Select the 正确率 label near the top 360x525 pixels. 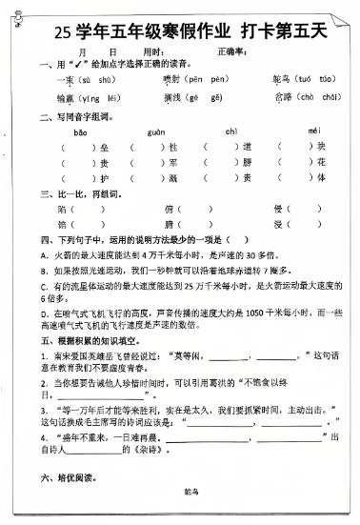pyautogui.click(x=231, y=51)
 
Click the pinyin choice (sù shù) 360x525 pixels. pyautogui.click(x=100, y=79)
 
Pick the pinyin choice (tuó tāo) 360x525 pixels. pyautogui.click(x=315, y=79)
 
